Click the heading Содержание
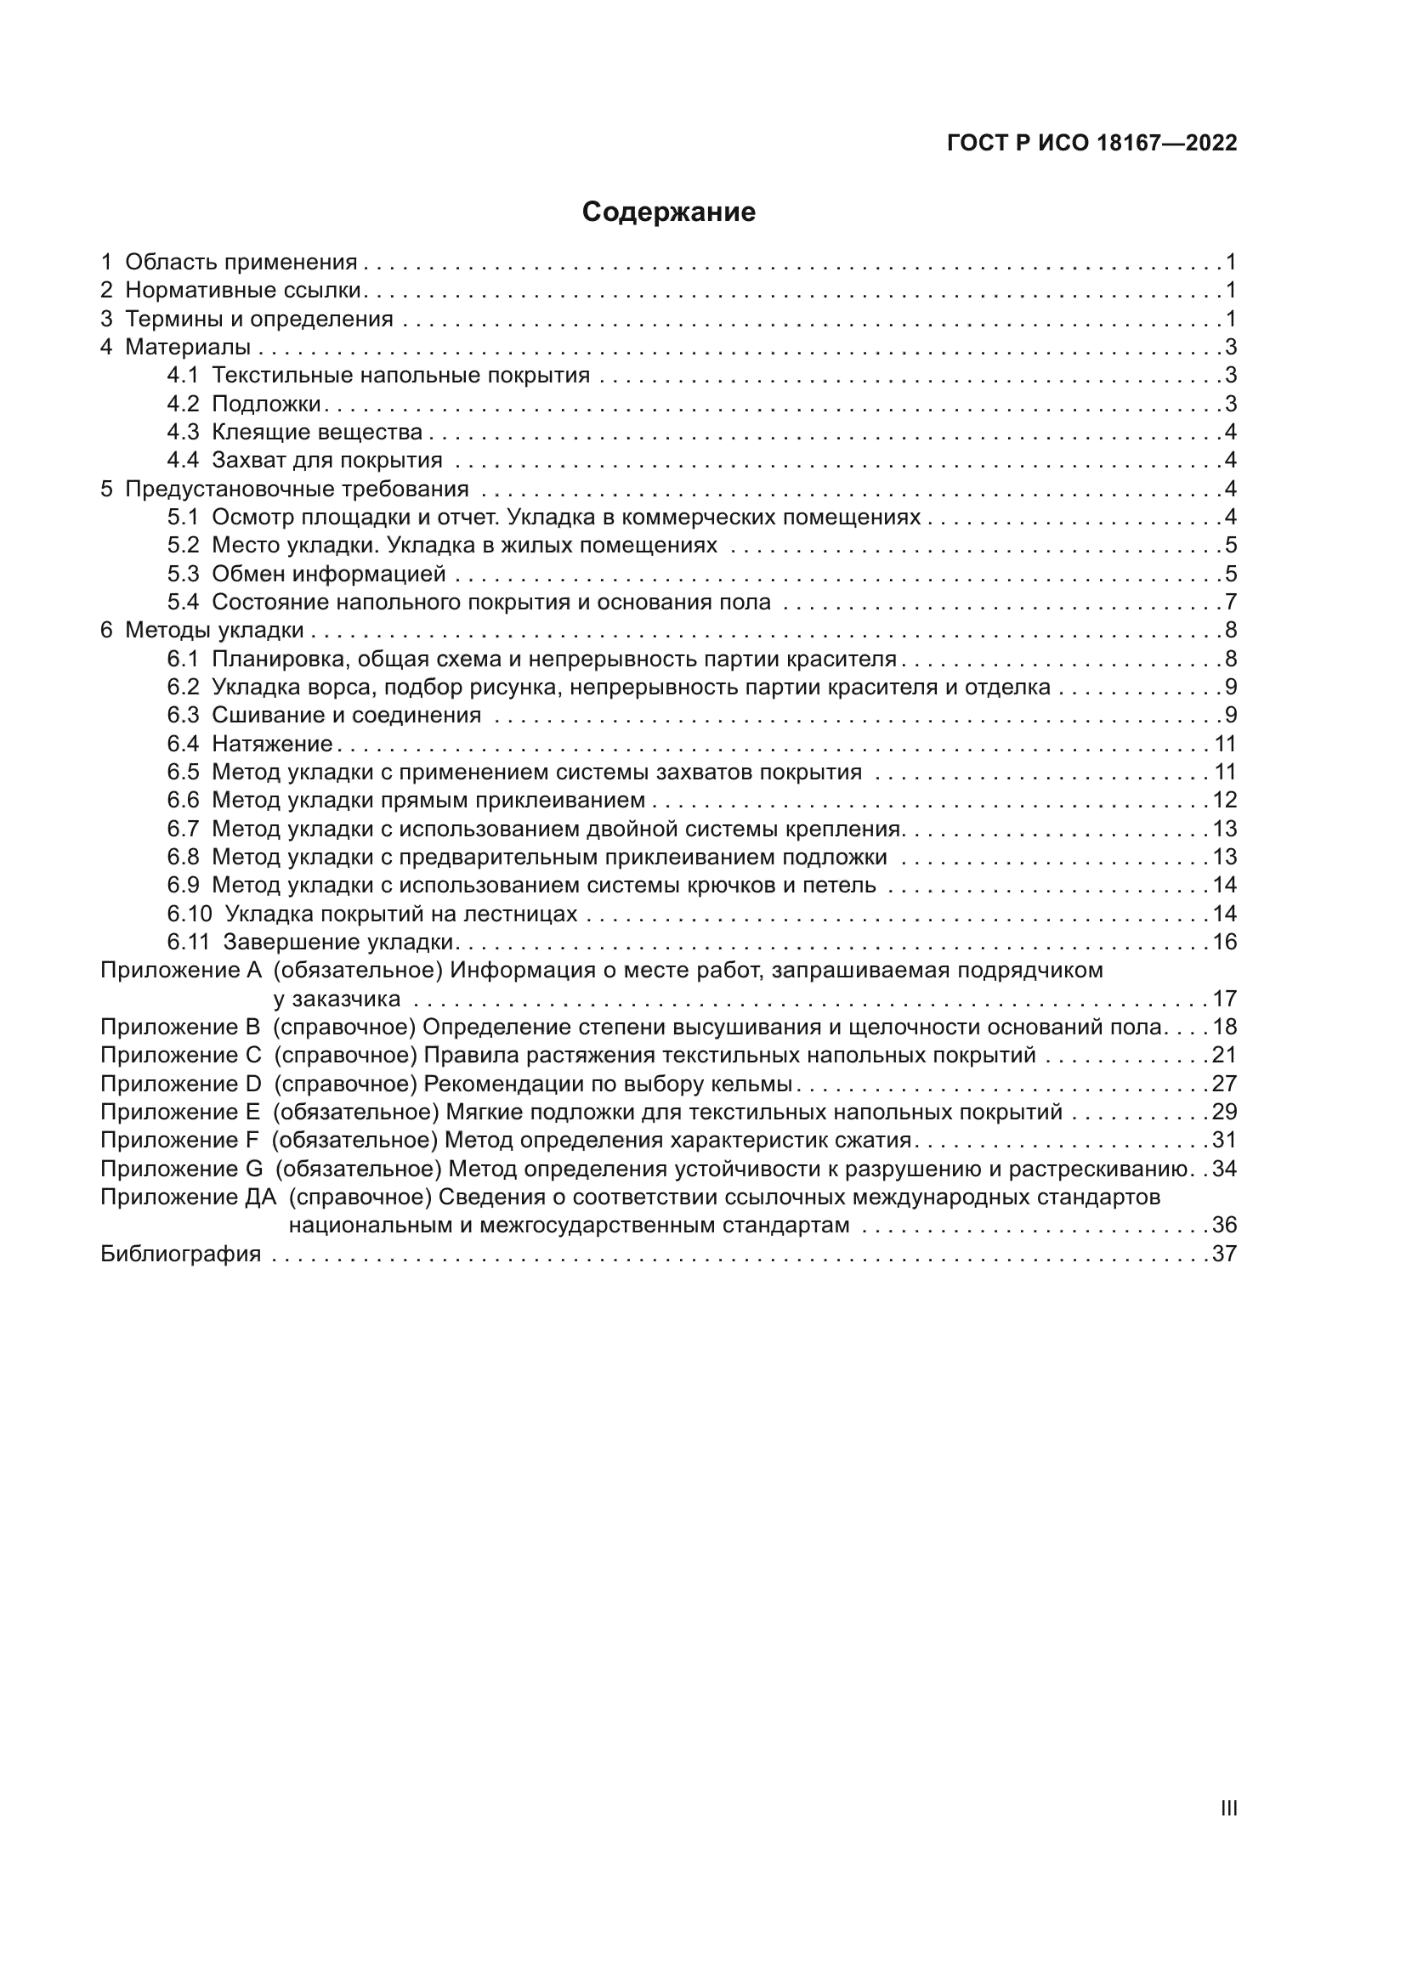[x=668, y=212]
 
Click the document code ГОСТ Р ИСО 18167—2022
[x=1091, y=144]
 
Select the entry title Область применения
[x=241, y=263]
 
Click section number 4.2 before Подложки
[x=183, y=405]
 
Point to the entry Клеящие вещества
[x=317, y=432]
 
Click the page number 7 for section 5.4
[x=1230, y=602]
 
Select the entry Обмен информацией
[x=328, y=574]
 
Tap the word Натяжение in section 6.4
[x=272, y=744]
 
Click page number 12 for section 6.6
[x=1224, y=800]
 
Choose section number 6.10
[x=189, y=915]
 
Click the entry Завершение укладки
[x=338, y=942]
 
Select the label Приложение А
[x=180, y=971]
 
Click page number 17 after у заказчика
[x=1224, y=1000]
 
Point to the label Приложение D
[x=180, y=1084]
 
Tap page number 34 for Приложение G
[x=1224, y=1170]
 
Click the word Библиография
[x=180, y=1255]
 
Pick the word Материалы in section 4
[x=188, y=348]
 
